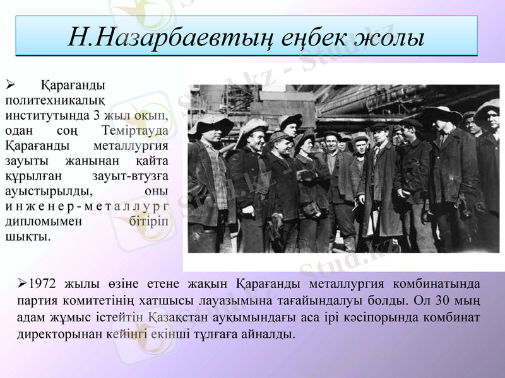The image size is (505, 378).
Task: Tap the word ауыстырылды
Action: click(x=48, y=192)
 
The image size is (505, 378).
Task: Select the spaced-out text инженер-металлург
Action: click(x=86, y=207)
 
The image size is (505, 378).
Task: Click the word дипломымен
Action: click(x=42, y=222)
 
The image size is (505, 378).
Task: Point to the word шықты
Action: click(x=27, y=237)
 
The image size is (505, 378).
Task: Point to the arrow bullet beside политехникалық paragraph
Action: click(x=9, y=84)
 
